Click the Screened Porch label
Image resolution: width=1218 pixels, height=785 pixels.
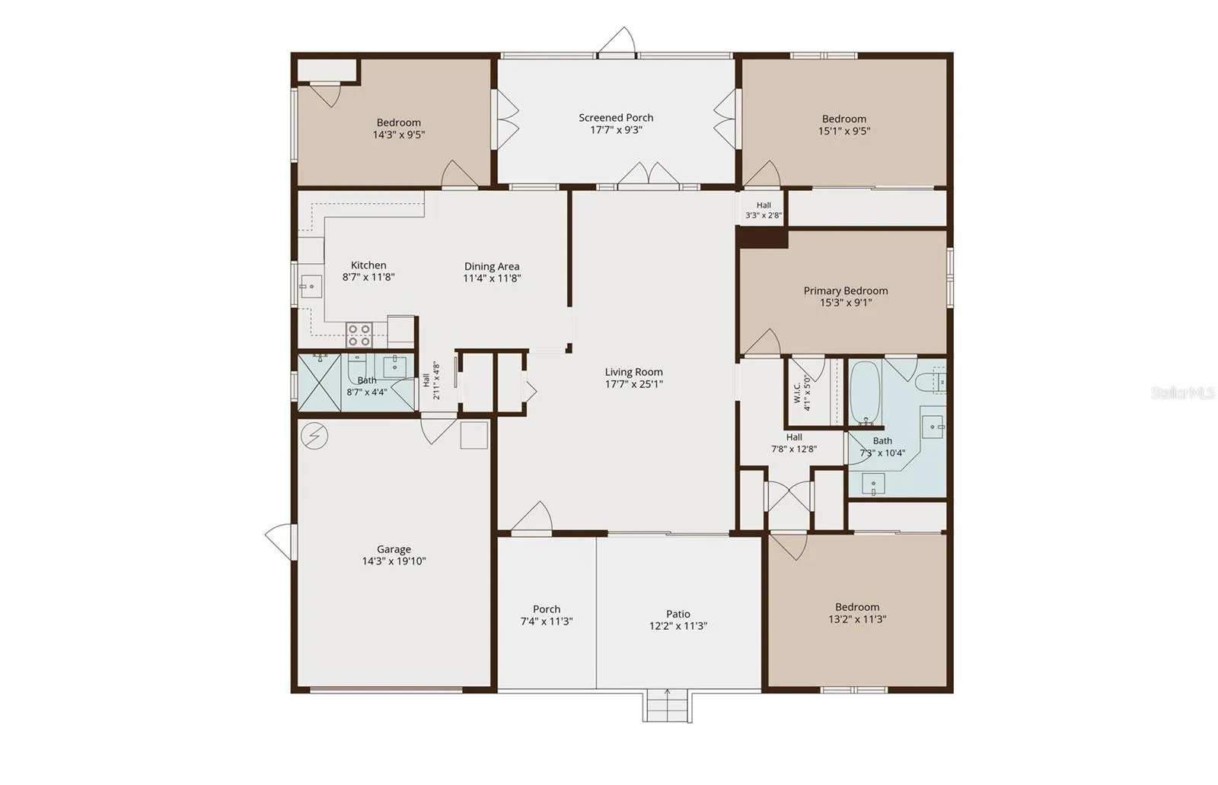616,117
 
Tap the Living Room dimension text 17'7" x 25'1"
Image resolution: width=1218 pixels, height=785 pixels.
634,384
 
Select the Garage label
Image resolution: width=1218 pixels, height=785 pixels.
394,549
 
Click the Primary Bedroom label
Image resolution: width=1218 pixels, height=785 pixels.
846,291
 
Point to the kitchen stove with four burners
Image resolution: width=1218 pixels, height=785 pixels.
359,335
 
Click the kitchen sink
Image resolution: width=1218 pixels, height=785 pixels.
311,286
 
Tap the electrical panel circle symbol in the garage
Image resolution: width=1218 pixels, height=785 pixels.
314,436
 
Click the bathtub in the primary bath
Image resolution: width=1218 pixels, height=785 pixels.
865,392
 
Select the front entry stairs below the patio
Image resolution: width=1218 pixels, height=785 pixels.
667,706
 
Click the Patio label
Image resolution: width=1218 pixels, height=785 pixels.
678,614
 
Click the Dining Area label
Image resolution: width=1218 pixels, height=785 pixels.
492,266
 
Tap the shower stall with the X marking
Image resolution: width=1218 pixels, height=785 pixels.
319,383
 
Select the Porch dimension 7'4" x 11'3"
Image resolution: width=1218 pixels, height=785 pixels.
547,621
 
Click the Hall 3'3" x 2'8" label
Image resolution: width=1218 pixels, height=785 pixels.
764,210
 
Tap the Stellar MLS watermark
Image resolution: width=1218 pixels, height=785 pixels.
1183,392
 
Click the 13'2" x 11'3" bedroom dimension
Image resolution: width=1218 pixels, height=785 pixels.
857,619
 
